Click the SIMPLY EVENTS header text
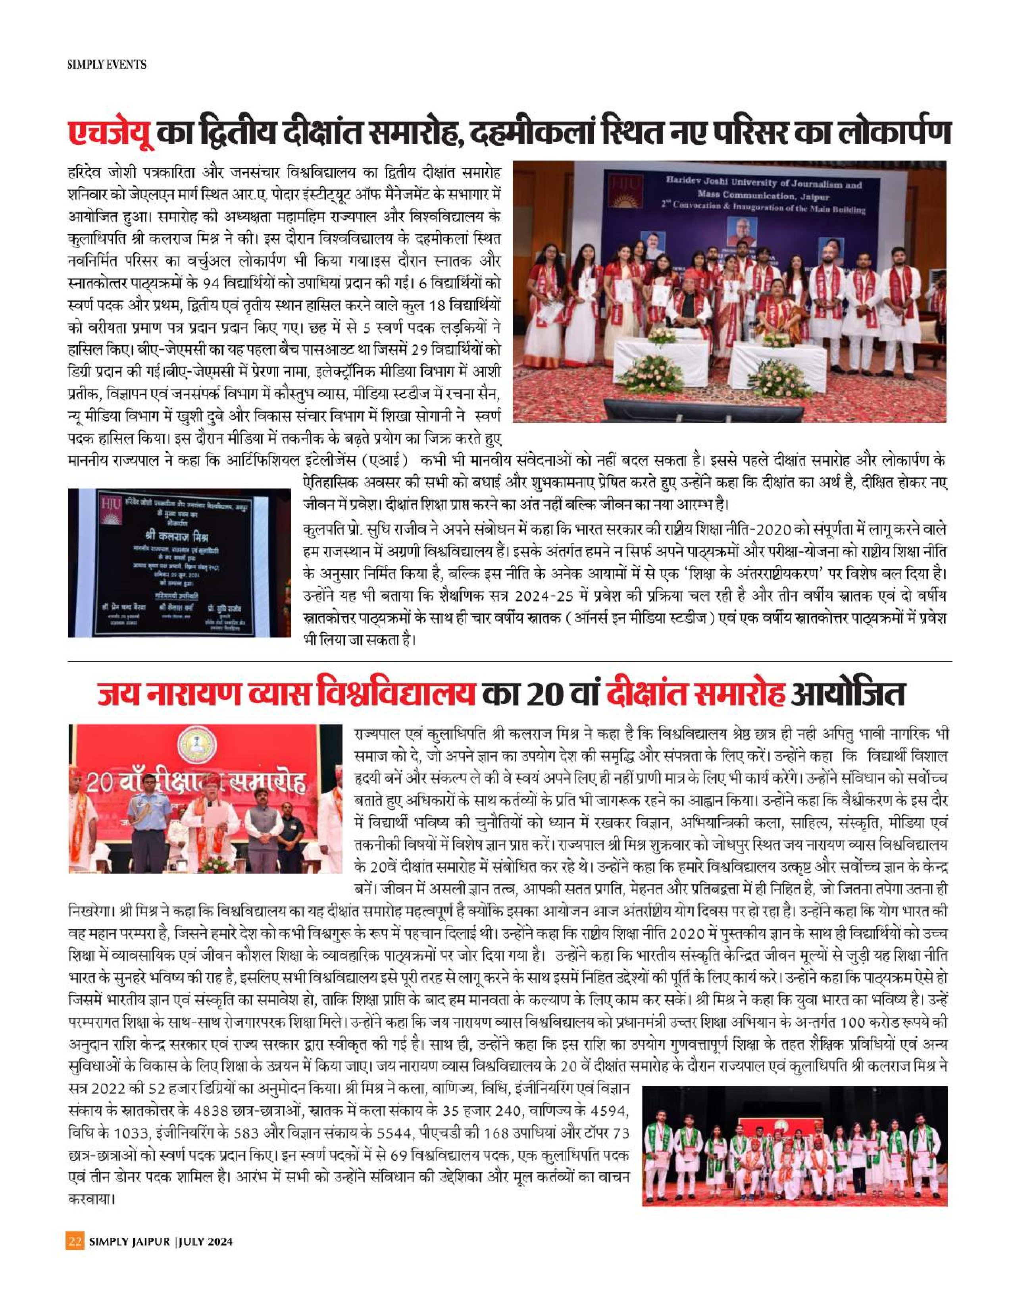[x=107, y=64]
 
